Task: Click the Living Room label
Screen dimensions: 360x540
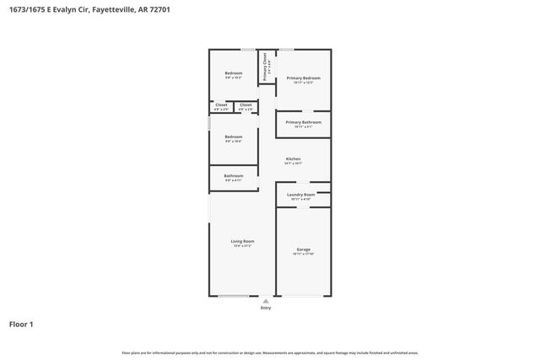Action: [x=242, y=241]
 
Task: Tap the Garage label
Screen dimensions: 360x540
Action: [x=303, y=250]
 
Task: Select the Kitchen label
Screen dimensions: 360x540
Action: [x=293, y=159]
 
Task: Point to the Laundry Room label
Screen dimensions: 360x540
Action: [x=300, y=195]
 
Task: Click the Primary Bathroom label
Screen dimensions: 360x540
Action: [x=303, y=122]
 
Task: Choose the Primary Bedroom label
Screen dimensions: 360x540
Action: [x=303, y=78]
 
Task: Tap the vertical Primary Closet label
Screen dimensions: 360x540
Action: [x=265, y=66]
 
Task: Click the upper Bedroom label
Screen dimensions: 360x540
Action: [x=233, y=73]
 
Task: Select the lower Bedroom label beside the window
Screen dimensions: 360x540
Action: [x=233, y=137]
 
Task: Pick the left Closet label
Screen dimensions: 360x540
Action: [x=221, y=105]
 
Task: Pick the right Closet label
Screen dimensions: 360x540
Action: [x=246, y=105]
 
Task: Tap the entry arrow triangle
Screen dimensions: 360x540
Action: [x=266, y=300]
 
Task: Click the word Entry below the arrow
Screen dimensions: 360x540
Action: [x=266, y=308]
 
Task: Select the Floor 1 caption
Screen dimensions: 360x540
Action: [x=21, y=324]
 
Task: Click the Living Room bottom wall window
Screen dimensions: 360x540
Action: [x=234, y=295]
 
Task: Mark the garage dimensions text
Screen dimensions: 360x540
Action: [x=303, y=254]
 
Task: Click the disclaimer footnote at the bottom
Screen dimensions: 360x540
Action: [x=269, y=352]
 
